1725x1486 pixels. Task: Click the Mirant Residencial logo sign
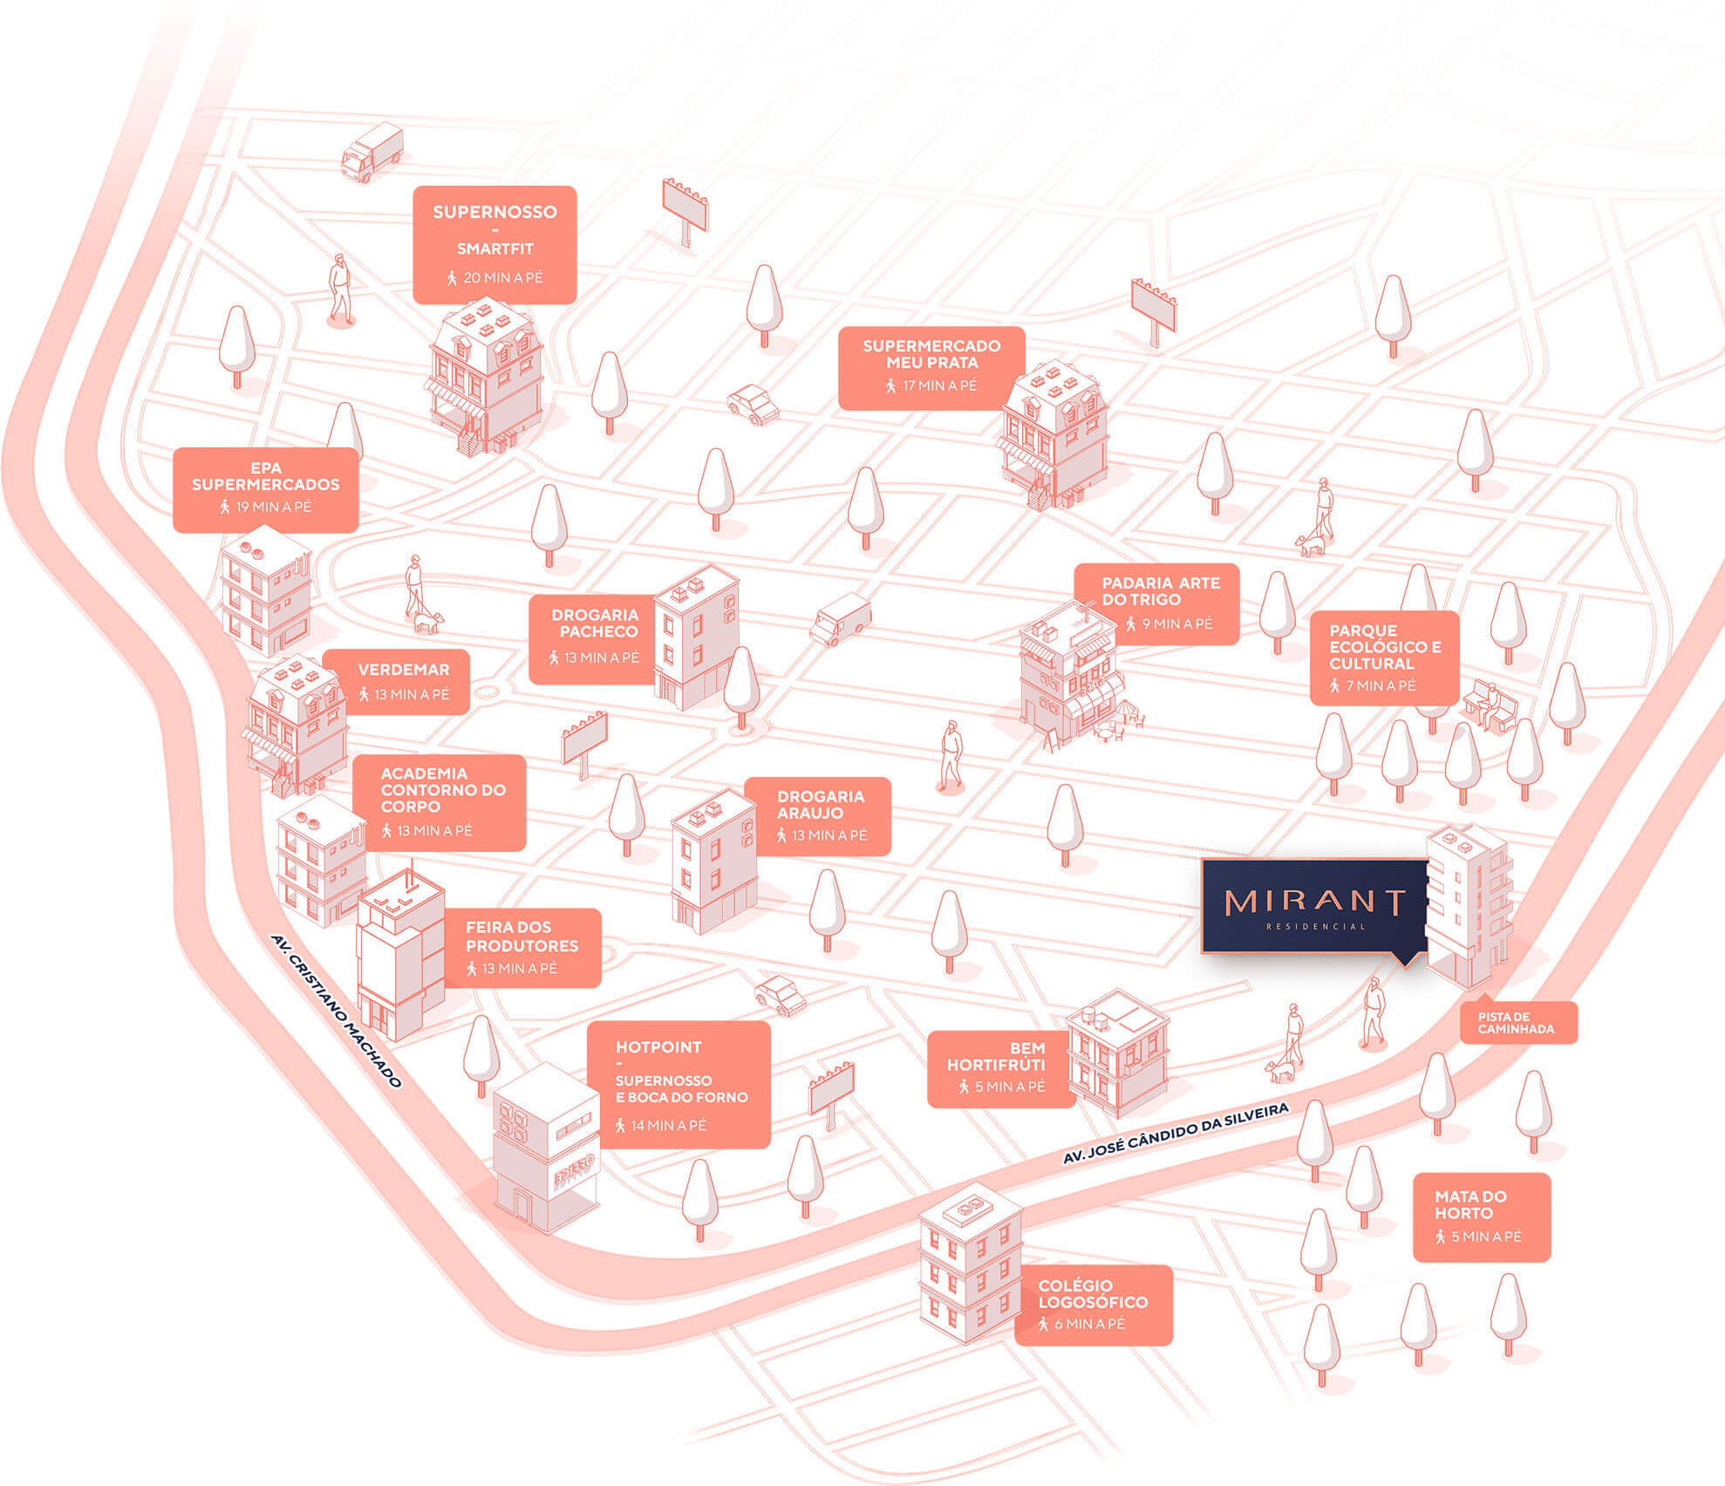pyautogui.click(x=1314, y=906)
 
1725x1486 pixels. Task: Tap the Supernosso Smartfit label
pyautogui.click(x=494, y=244)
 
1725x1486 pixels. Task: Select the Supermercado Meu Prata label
pyautogui.click(x=931, y=367)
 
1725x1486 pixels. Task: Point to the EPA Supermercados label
pyautogui.click(x=265, y=488)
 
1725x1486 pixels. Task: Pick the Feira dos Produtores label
pyautogui.click(x=522, y=947)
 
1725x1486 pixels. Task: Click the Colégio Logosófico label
pyautogui.click(x=1093, y=1304)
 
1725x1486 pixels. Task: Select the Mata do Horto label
pyautogui.click(x=1480, y=1216)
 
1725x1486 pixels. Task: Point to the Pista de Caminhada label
pyautogui.click(x=1517, y=1022)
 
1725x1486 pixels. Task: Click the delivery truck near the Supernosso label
pyautogui.click(x=372, y=152)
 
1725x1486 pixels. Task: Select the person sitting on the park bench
pyautogui.click(x=1491, y=702)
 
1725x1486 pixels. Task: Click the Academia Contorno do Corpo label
pyautogui.click(x=441, y=801)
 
